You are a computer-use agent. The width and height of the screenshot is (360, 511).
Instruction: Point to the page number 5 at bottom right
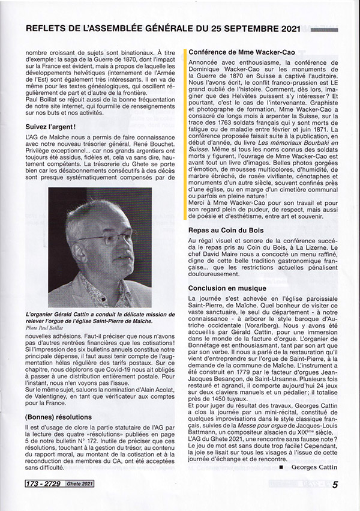(x=335, y=485)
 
